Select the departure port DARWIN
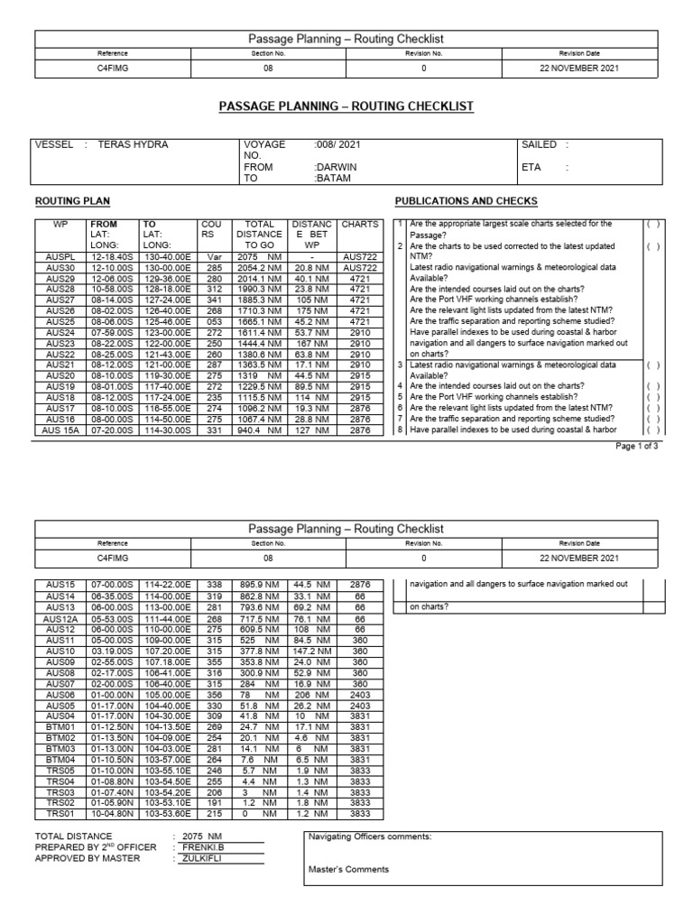pyautogui.click(x=335, y=167)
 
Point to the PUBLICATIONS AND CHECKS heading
pyautogui.click(x=466, y=200)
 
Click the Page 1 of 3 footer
pyautogui.click(x=639, y=445)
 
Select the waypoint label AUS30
pyautogui.click(x=60, y=268)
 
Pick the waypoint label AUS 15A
pyautogui.click(x=60, y=430)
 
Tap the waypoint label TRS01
pyautogui.click(x=60, y=813)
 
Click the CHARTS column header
pyautogui.click(x=360, y=224)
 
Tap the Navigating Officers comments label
pyautogui.click(x=370, y=836)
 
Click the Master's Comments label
pyautogui.click(x=349, y=870)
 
